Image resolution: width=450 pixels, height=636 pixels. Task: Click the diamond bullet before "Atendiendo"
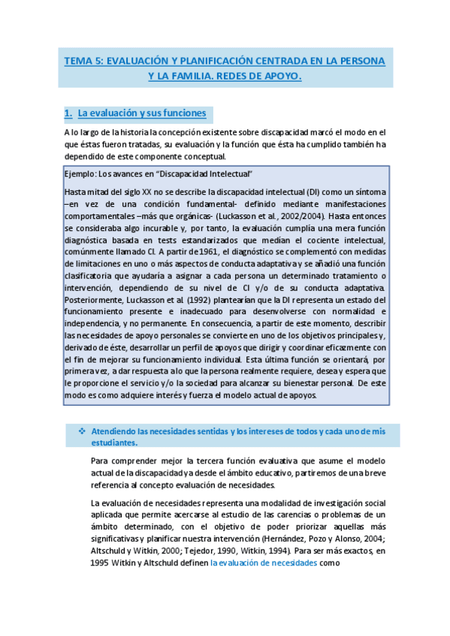[x=82, y=431]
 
